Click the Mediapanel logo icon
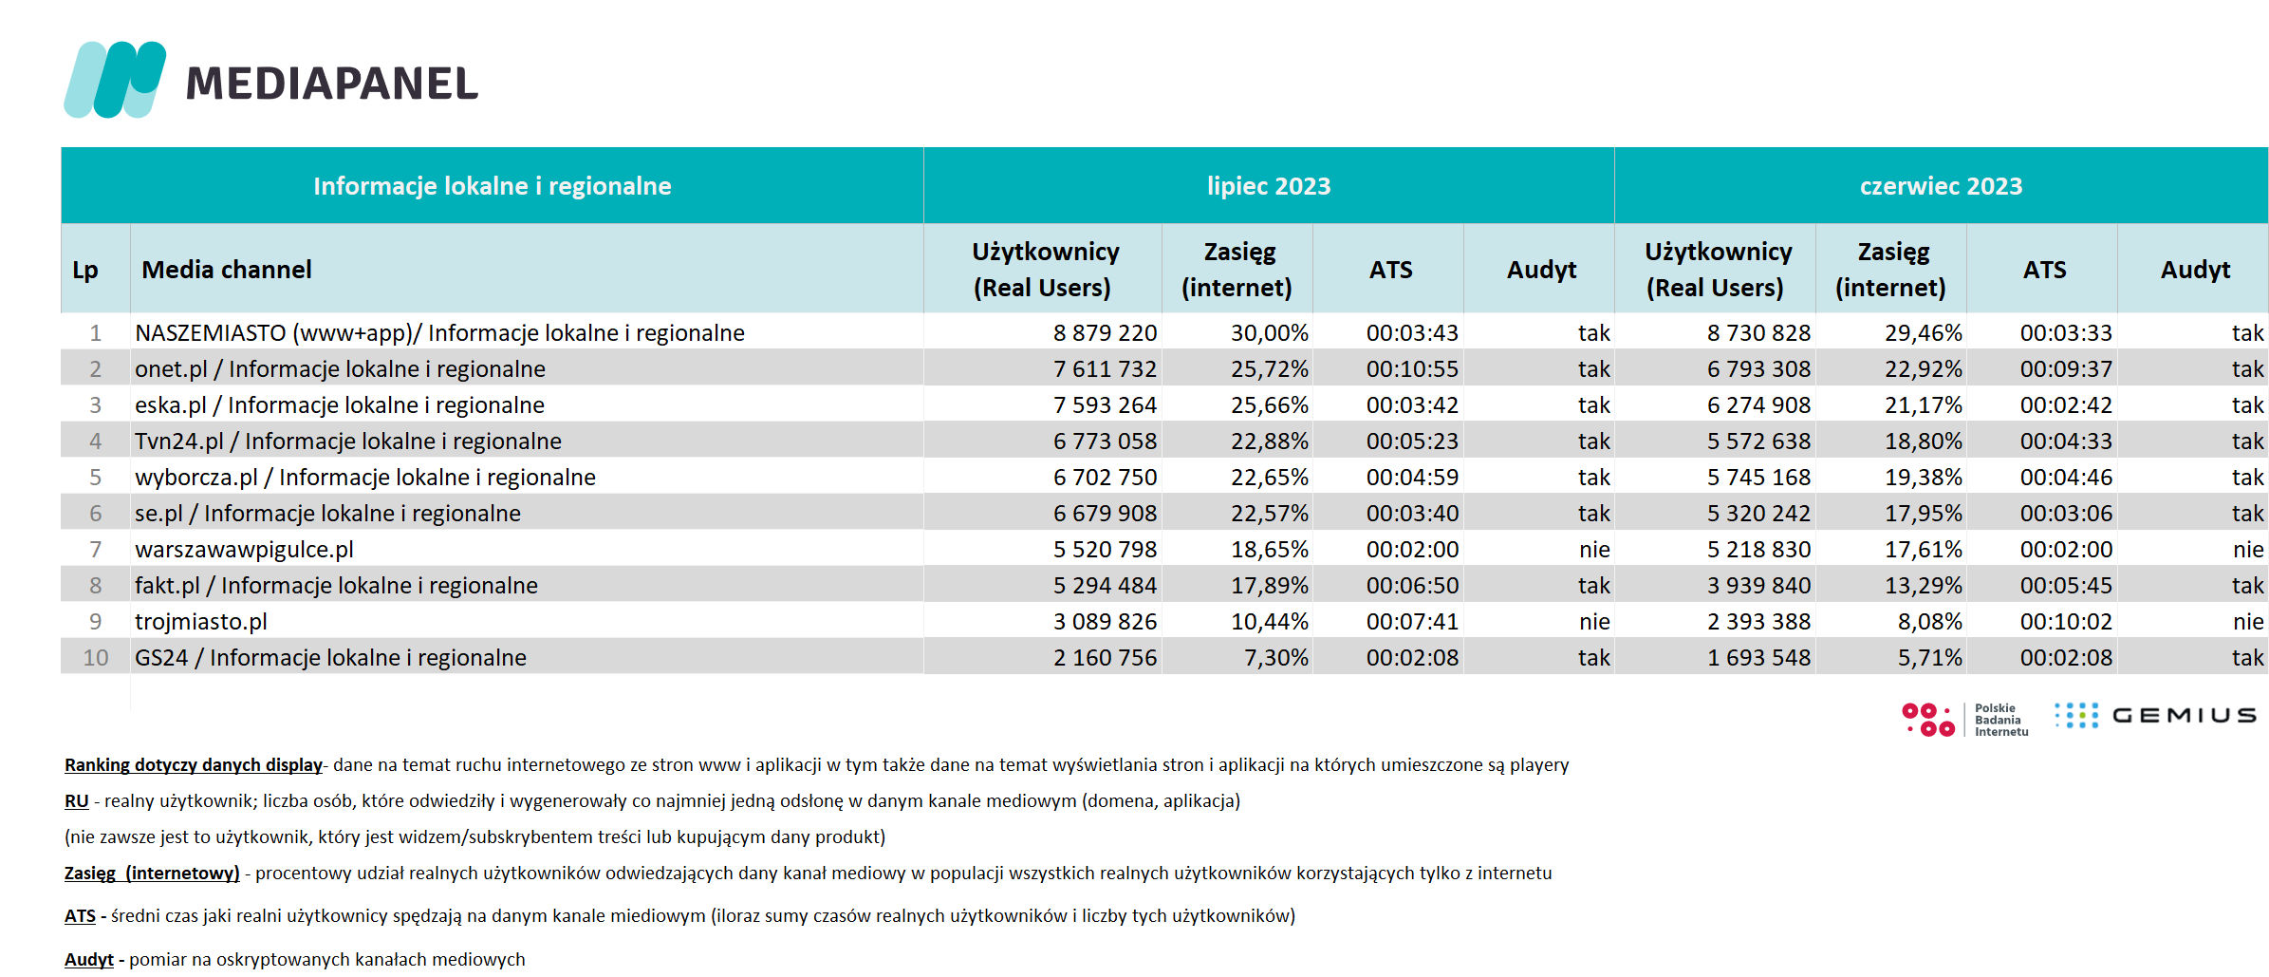point(115,80)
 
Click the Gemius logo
point(2155,716)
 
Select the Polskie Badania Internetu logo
point(1964,720)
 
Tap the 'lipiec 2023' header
point(1268,186)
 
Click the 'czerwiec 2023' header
point(1941,186)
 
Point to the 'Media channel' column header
point(227,270)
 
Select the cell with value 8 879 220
point(1105,333)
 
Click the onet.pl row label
point(340,369)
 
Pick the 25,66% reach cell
point(1270,405)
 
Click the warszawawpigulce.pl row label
point(244,550)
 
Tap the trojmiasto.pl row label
point(201,622)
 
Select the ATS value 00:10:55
point(1412,369)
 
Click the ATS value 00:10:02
point(2066,622)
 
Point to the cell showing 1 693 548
point(1758,658)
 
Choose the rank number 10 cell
point(96,658)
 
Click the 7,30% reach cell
point(1276,658)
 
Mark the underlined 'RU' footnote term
point(76,801)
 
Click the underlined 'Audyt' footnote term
point(88,960)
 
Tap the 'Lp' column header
point(85,271)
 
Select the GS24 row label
point(330,658)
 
